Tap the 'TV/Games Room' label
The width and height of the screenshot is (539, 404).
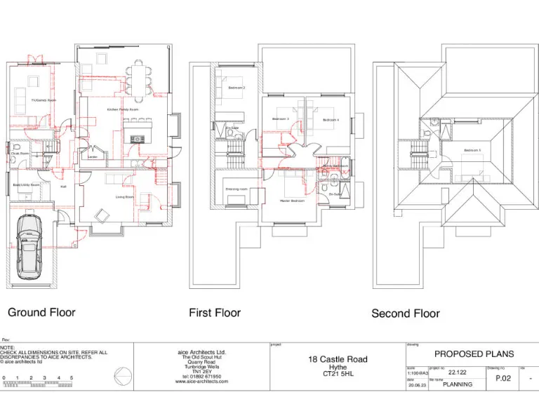click(44, 101)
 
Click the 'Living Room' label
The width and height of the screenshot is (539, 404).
click(125, 197)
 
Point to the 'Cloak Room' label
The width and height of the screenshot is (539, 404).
click(20, 153)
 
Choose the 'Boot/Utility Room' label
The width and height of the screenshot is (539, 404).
click(26, 184)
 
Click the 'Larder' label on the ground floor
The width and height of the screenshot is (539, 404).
click(92, 157)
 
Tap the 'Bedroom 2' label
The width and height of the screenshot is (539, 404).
click(237, 88)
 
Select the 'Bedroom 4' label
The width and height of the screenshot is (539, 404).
click(331, 120)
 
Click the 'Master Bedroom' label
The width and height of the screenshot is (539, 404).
click(292, 201)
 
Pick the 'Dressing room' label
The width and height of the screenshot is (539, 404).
click(236, 189)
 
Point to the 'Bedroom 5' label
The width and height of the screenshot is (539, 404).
click(472, 151)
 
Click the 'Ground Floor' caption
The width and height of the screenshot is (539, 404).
click(41, 312)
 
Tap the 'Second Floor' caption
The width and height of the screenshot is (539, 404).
click(406, 314)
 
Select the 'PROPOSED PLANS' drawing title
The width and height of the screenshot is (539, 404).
click(474, 354)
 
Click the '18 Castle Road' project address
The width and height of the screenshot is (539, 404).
click(338, 359)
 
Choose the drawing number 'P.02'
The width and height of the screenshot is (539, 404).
click(503, 377)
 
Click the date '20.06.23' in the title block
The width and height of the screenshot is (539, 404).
click(417, 384)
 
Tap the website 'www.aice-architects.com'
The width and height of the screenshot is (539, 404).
click(201, 382)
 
